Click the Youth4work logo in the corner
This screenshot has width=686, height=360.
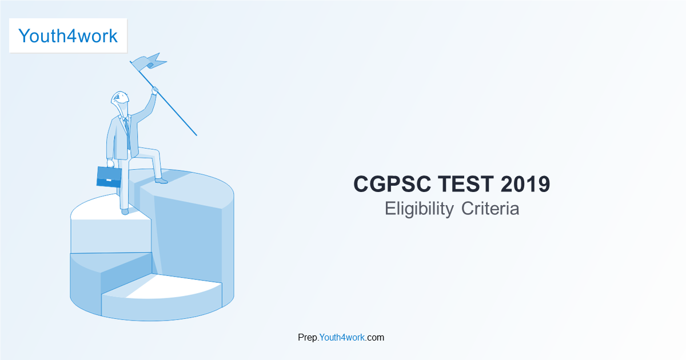[68, 35]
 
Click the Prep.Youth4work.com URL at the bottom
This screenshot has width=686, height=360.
[341, 337]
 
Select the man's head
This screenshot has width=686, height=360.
[119, 101]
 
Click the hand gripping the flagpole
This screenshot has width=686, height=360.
[154, 90]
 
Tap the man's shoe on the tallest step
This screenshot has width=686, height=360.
[161, 181]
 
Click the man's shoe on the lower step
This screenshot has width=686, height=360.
[125, 211]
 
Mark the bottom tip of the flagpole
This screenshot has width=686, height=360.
[196, 135]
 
